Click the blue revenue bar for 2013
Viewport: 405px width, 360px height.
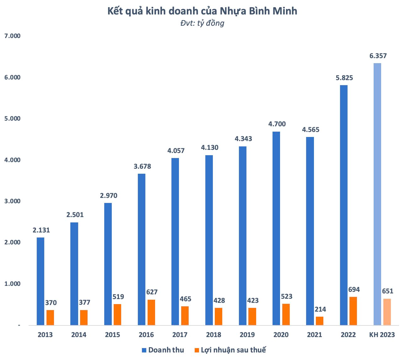pyautogui.click(x=40, y=281)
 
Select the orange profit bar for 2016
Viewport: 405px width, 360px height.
pyautogui.click(x=151, y=312)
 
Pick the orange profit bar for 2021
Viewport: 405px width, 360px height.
pyautogui.click(x=320, y=321)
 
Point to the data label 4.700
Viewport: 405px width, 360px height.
pyautogui.click(x=277, y=124)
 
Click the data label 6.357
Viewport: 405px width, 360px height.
pyautogui.click(x=378, y=56)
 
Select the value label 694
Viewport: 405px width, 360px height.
pyautogui.click(x=354, y=290)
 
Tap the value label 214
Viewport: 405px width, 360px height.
pyautogui.click(x=320, y=309)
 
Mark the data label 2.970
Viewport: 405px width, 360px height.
pyautogui.click(x=109, y=196)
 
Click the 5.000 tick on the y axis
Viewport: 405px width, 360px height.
pyautogui.click(x=12, y=119)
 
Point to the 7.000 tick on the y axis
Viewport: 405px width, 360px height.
pyautogui.click(x=12, y=36)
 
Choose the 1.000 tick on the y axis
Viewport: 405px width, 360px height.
pyautogui.click(x=12, y=284)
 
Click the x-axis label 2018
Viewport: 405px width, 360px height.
pyautogui.click(x=213, y=335)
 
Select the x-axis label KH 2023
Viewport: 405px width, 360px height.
pyautogui.click(x=381, y=335)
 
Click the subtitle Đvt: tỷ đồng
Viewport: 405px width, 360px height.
pyautogui.click(x=202, y=23)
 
